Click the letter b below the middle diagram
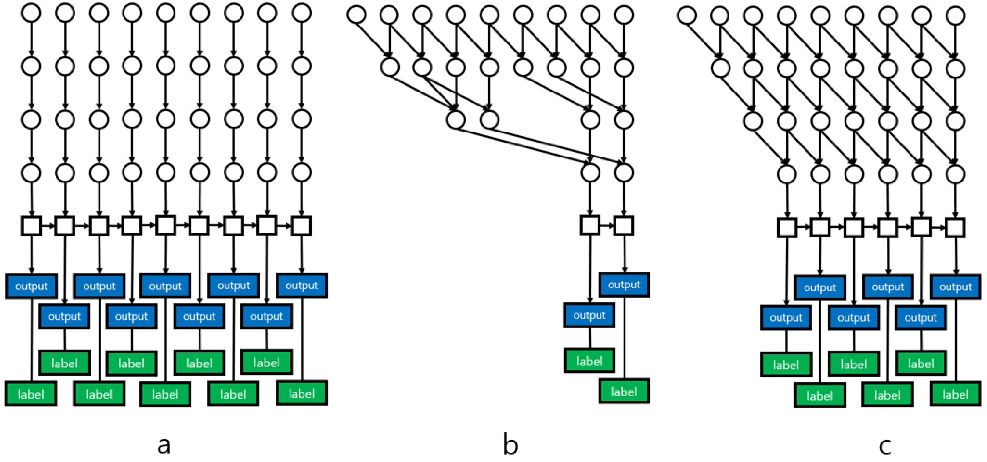pos(510,445)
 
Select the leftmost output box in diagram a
pos(31,286)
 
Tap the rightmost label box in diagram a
pos(301,393)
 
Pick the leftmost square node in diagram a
pos(31,226)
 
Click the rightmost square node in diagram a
pos(301,226)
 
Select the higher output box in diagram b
pos(624,285)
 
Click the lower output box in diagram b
pos(589,315)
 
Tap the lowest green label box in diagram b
pos(624,392)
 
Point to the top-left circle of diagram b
pos(356,15)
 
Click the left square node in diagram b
pos(590,225)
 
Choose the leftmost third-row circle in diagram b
pos(456,120)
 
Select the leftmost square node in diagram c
pos(787,228)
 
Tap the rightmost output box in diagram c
pos(955,287)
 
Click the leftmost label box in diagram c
pos(786,365)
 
